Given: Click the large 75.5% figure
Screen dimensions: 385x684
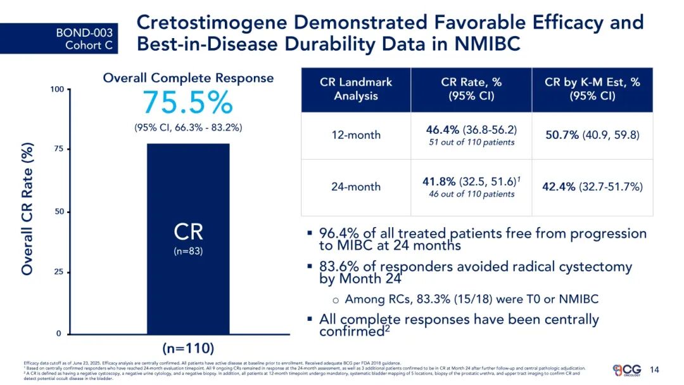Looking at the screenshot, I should [187, 103].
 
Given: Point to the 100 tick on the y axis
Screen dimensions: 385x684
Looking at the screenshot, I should [57, 90].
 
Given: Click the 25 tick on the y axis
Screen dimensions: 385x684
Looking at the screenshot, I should [59, 272].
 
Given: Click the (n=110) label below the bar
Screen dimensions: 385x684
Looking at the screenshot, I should [188, 348].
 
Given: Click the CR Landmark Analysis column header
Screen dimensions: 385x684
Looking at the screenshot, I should [355, 89].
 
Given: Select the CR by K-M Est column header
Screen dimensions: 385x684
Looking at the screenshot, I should [592, 89].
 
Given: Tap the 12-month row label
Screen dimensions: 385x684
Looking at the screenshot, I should [356, 135].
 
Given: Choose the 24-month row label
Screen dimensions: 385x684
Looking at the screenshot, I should [356, 186].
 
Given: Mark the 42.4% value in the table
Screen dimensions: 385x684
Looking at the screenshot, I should [559, 186].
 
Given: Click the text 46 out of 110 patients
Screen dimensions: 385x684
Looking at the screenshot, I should [471, 194].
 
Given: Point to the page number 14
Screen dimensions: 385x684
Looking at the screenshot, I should [655, 370].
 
